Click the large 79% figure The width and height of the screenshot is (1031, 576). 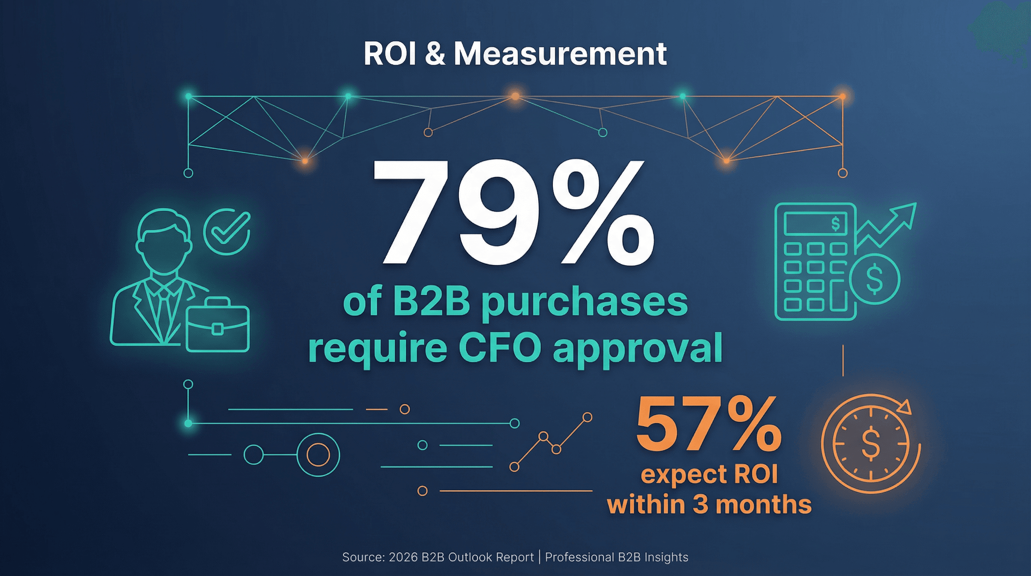512,214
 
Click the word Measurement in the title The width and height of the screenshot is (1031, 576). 560,54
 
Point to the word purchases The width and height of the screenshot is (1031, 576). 584,303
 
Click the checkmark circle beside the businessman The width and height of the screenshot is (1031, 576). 227,231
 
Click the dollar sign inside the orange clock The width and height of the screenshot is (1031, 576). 871,443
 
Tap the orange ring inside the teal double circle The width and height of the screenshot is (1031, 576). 318,454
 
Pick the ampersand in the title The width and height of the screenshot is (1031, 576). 435,54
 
